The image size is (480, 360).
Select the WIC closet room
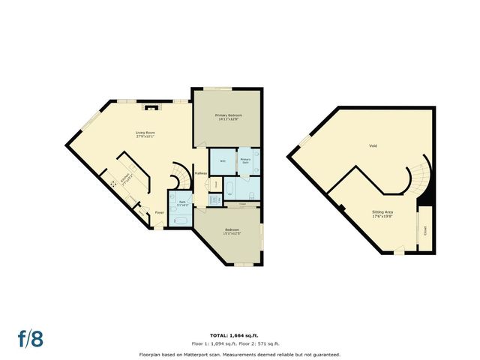223,160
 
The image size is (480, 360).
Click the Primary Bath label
246,160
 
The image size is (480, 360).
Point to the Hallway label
200,174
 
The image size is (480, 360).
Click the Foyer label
159,213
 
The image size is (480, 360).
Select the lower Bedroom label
232,232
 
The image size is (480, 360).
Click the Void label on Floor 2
373,145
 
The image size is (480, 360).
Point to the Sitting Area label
383,214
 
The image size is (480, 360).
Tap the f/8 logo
30,338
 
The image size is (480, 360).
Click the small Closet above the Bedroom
241,203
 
